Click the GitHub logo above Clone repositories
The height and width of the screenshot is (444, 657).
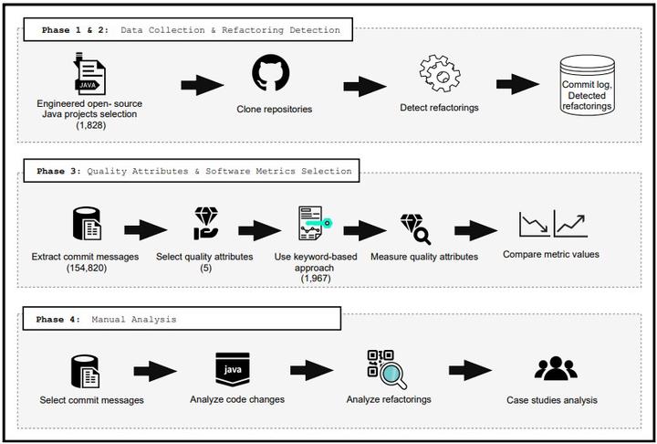point(270,73)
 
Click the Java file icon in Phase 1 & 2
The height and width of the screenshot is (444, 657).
point(89,72)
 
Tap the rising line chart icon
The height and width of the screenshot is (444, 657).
point(571,224)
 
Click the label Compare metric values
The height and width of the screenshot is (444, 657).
point(551,254)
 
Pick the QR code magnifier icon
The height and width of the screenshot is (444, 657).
point(385,369)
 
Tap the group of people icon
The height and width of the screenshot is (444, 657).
point(555,369)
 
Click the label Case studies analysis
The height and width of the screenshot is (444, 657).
point(551,400)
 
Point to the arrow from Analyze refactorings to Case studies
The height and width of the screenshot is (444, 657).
point(471,370)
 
